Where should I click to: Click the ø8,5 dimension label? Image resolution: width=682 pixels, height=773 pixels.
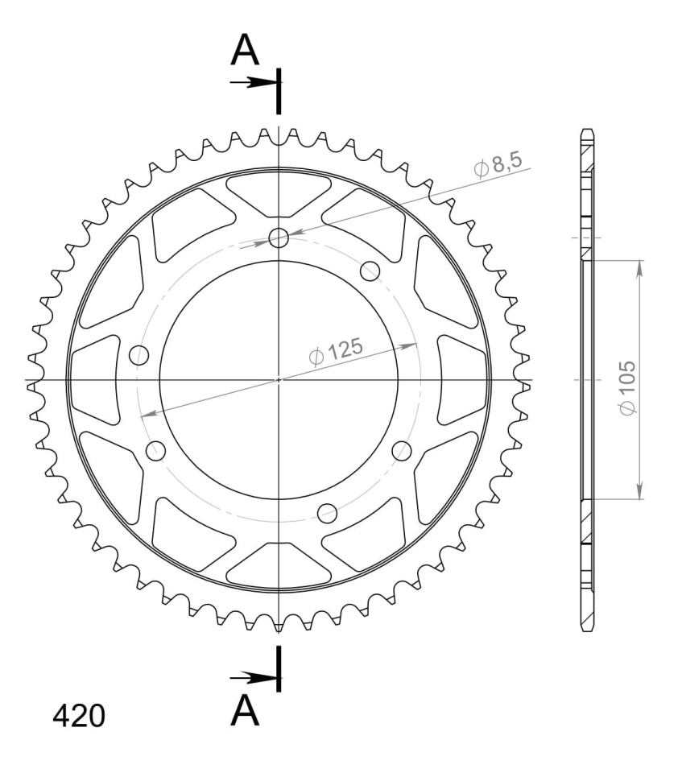click(x=497, y=164)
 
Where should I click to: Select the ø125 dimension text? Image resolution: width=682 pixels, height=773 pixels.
click(x=336, y=352)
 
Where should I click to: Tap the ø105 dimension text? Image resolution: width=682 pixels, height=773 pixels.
click(x=628, y=388)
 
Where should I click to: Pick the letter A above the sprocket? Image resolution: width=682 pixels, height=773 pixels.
click(x=245, y=50)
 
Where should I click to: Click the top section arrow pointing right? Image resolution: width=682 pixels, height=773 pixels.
click(x=253, y=82)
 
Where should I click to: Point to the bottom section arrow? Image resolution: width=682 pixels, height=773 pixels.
click(x=253, y=678)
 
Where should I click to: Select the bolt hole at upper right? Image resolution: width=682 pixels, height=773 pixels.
click(x=370, y=271)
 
